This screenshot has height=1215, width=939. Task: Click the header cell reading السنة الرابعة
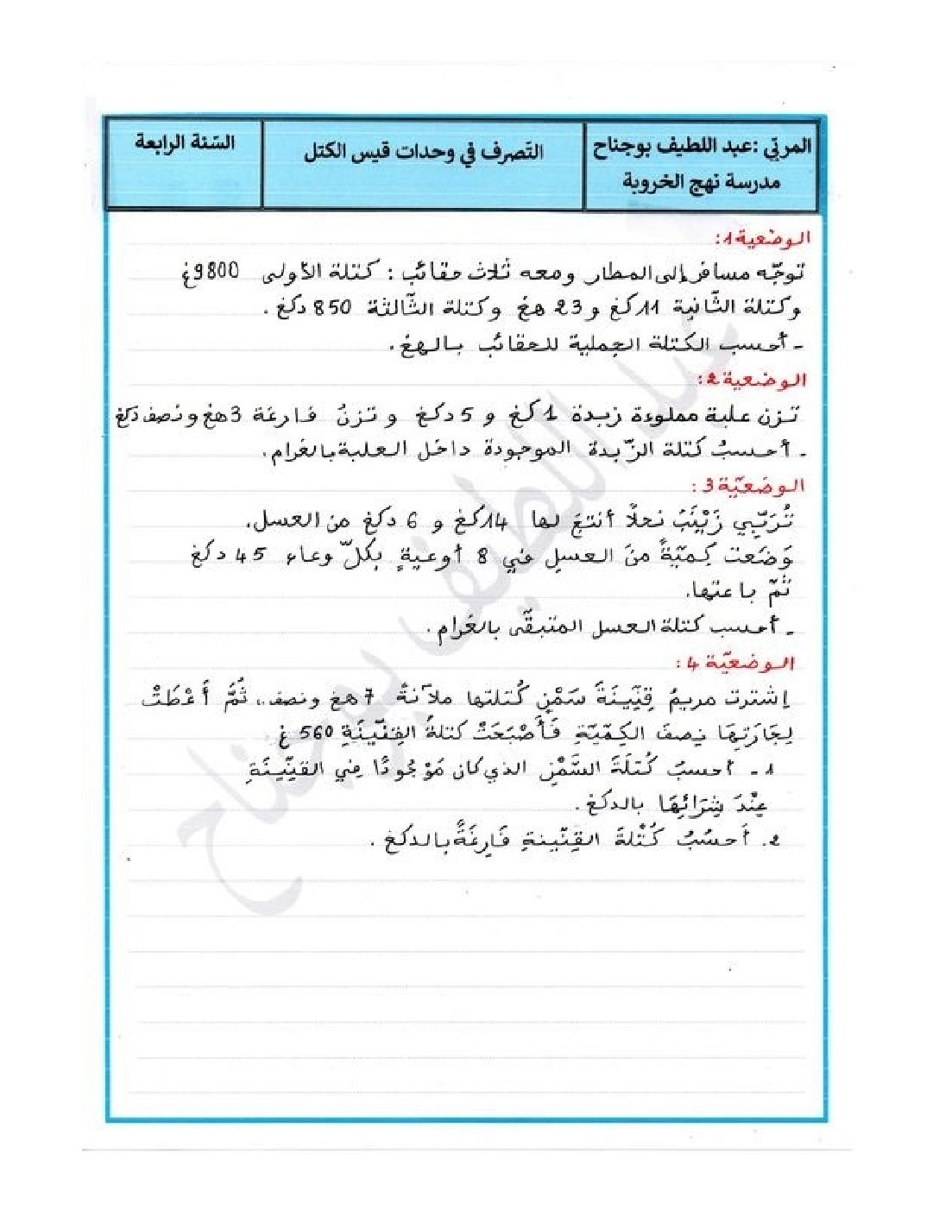pos(184,143)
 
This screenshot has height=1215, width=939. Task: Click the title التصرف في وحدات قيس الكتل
pos(423,153)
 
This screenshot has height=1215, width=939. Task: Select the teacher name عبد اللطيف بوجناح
pos(681,147)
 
